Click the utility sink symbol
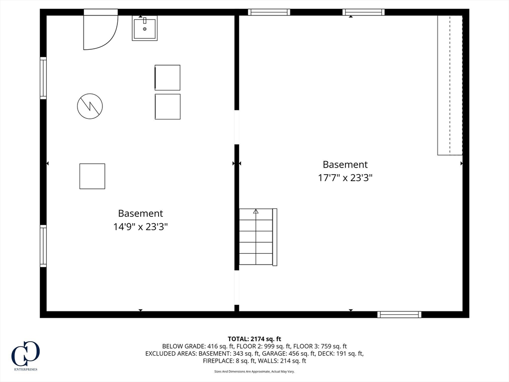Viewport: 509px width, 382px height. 145,28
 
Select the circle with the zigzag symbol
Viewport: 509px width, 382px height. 90,106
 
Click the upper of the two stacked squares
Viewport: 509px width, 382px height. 168,78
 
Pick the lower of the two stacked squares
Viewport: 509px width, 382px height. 168,106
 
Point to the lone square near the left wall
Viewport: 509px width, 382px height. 92,176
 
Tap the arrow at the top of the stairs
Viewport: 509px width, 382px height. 256,211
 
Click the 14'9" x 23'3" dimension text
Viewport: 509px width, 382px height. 140,227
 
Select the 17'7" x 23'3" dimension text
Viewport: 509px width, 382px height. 345,178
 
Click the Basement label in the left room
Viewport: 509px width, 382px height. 140,213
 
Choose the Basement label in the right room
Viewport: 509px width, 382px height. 345,165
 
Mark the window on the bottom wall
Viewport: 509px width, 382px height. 399,314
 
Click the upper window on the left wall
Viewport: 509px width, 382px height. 43,78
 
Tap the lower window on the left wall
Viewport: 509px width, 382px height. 43,246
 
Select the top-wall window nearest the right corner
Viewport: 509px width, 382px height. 363,12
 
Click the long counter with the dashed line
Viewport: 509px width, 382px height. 450,85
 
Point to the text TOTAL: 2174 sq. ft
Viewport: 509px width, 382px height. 254,339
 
